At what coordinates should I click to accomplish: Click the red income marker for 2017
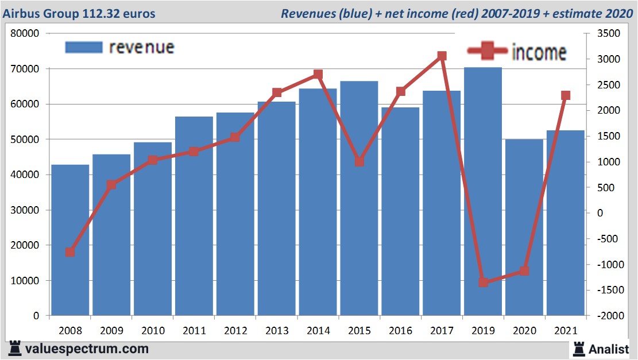tap(442, 56)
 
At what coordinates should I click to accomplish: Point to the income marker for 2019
tap(483, 282)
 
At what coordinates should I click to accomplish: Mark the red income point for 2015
tap(359, 162)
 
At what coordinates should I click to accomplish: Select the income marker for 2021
tap(566, 95)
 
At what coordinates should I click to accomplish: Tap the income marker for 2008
tap(70, 252)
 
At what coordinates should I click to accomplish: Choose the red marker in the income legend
tap(488, 52)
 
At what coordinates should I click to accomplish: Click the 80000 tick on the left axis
tap(25, 34)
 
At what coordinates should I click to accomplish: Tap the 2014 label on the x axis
tap(318, 331)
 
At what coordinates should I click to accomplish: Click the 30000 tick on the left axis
tap(25, 210)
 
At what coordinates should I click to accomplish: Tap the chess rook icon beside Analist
tap(578, 348)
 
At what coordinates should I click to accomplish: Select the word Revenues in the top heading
tap(307, 13)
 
